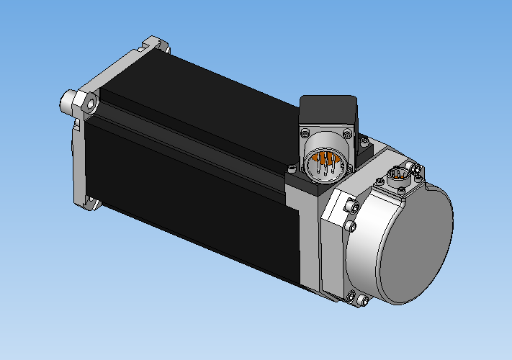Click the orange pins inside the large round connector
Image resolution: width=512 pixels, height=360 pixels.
tap(323, 163)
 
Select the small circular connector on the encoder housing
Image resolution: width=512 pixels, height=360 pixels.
tap(398, 176)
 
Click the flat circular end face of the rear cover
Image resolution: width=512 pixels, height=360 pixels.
tap(416, 246)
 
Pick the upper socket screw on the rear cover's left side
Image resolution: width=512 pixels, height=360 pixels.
tap(351, 207)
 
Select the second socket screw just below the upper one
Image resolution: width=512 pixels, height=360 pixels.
tap(351, 227)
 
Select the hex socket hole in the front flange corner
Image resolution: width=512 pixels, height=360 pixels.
tap(91, 104)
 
